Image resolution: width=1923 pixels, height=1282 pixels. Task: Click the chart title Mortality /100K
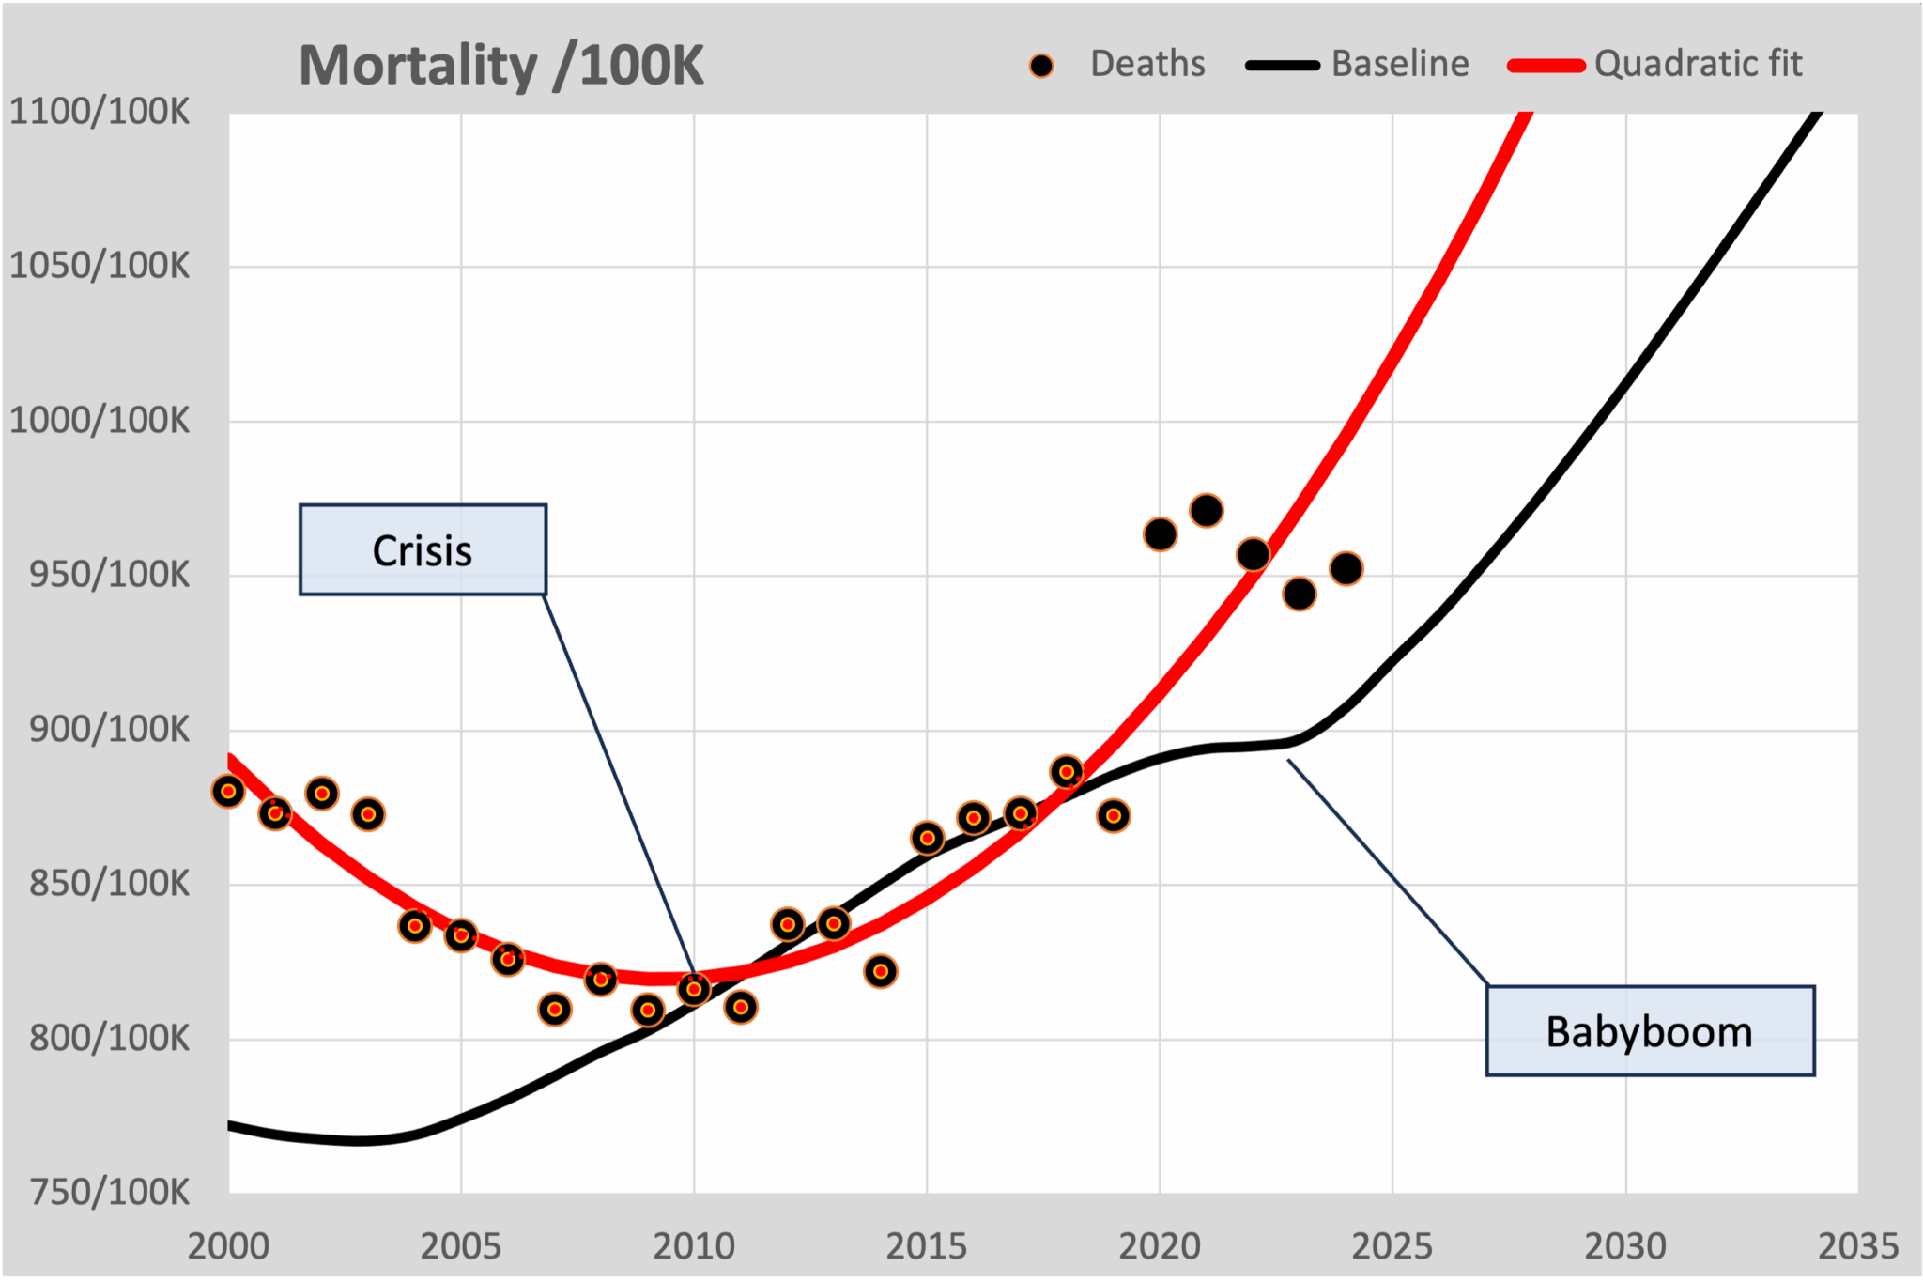point(500,66)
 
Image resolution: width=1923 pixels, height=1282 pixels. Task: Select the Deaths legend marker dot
point(1040,66)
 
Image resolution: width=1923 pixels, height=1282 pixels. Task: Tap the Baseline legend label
point(1399,64)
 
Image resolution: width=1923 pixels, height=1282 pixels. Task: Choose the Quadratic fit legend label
point(1698,64)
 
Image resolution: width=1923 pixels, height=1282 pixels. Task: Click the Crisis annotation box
point(423,550)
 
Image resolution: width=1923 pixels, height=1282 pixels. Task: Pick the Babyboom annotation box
point(1649,1031)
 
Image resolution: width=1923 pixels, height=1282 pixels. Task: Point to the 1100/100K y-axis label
point(100,112)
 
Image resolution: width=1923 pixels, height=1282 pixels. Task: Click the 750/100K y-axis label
point(109,1193)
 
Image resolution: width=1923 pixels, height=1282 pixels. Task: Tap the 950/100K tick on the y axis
point(109,575)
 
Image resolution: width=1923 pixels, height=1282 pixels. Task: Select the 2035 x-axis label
point(1857,1246)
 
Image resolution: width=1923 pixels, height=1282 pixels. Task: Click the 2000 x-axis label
point(228,1246)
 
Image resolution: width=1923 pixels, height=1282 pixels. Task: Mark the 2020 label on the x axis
point(1160,1246)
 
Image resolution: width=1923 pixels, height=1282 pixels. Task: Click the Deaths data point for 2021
point(1207,511)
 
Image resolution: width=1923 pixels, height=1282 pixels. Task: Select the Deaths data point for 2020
point(1160,534)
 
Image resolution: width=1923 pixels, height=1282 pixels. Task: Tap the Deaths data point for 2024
point(1346,568)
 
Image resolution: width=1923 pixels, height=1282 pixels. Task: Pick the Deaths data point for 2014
point(881,971)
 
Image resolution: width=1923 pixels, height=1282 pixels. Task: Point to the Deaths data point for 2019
point(1114,816)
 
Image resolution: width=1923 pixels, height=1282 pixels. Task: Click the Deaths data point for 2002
point(322,794)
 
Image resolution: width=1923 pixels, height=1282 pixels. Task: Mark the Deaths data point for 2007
point(555,1010)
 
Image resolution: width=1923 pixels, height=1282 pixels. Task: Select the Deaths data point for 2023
point(1300,594)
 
